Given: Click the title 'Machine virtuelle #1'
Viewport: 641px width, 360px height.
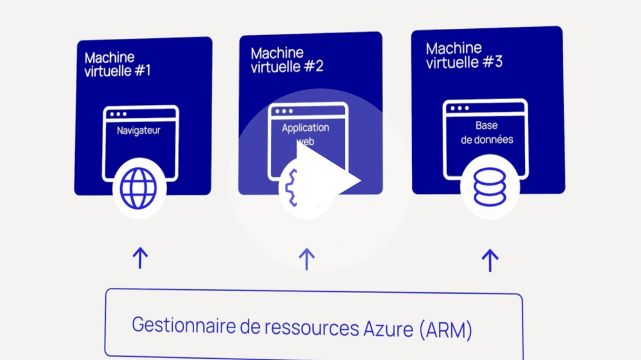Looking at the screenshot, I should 117,64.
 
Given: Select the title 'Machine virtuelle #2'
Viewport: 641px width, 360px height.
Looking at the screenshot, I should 287,59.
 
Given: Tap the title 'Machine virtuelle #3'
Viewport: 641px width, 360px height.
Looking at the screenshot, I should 464,55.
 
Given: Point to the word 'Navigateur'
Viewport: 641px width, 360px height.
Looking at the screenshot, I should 138,131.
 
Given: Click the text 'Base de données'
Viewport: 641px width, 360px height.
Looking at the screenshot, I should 486,133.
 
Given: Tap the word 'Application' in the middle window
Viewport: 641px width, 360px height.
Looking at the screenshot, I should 305,128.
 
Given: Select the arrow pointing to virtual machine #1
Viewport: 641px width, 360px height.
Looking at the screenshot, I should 140,257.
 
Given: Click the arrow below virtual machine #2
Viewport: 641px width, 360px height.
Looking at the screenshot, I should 306,259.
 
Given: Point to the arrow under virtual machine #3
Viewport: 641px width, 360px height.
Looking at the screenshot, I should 490,260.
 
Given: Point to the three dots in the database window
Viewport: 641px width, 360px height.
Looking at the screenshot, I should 459,108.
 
